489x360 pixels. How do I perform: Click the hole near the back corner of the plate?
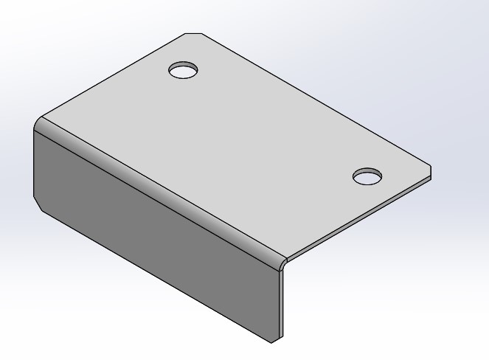click(184, 71)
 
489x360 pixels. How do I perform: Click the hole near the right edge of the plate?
click(367, 177)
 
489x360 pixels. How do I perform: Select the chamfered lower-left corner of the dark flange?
click(40, 202)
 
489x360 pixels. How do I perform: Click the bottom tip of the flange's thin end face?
click(273, 342)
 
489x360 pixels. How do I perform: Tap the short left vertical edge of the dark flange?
click(34, 162)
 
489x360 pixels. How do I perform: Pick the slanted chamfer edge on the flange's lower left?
click(40, 204)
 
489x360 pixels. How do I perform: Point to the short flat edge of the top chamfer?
click(193, 33)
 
